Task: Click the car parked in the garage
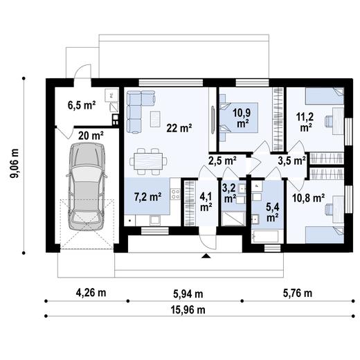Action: tap(86, 190)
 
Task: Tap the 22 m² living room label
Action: tap(179, 127)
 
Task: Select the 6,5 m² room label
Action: tap(81, 105)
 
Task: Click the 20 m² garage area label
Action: tap(90, 136)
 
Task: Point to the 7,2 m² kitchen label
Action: tap(147, 198)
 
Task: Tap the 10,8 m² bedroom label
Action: tap(309, 197)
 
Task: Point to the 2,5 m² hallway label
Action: tap(222, 161)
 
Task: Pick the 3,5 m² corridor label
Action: tap(291, 161)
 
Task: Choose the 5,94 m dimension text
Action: tap(184, 292)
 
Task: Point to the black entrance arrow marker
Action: tap(205, 256)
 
